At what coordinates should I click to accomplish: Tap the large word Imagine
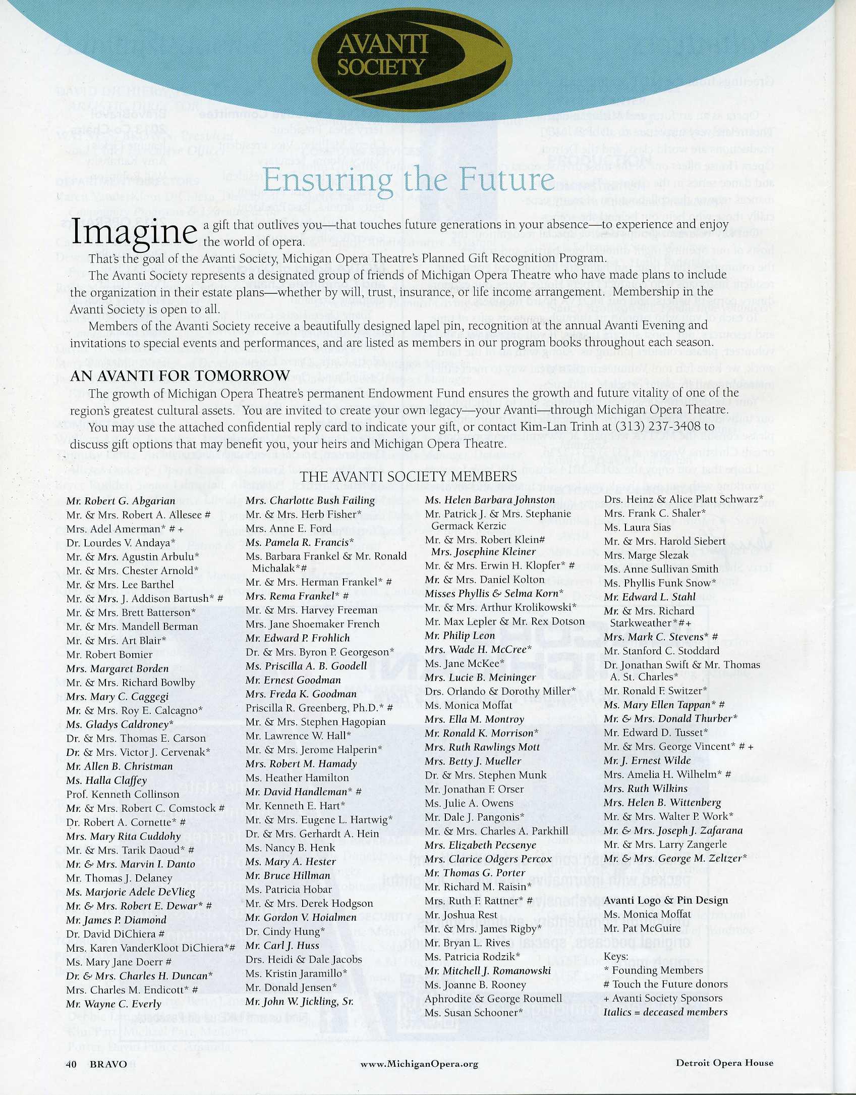pyautogui.click(x=134, y=232)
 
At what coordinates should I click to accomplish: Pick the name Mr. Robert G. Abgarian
pyautogui.click(x=121, y=501)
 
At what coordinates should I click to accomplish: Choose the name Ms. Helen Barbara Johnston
pyautogui.click(x=490, y=500)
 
